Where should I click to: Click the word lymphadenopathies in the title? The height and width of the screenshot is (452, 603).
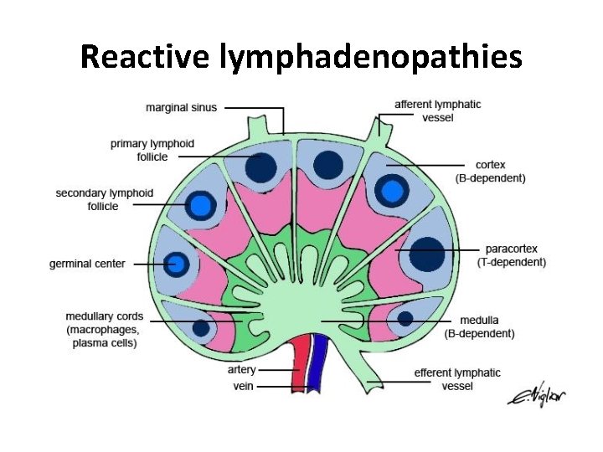[x=370, y=57]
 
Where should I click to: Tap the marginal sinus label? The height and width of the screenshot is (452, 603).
[x=181, y=107]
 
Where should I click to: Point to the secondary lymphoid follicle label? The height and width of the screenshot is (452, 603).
[x=105, y=199]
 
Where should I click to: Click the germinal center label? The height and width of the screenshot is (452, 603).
[x=87, y=264]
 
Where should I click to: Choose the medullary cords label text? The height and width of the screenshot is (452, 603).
[x=105, y=330]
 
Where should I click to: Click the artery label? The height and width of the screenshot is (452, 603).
[x=242, y=370]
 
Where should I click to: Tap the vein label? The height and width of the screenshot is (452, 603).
[x=245, y=387]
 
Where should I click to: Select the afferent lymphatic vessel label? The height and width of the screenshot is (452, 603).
[x=437, y=110]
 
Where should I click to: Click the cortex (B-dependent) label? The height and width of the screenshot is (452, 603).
[x=490, y=172]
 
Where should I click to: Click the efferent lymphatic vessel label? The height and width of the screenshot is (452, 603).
[x=457, y=378]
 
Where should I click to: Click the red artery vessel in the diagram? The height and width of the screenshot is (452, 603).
[x=299, y=368]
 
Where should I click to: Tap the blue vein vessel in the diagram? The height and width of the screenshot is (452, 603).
[x=316, y=368]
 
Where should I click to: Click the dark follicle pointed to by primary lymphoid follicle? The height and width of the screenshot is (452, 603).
[x=261, y=167]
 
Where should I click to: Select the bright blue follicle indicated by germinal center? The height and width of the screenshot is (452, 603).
[x=177, y=265]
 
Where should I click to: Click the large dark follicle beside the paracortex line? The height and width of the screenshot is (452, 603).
[x=427, y=254]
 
